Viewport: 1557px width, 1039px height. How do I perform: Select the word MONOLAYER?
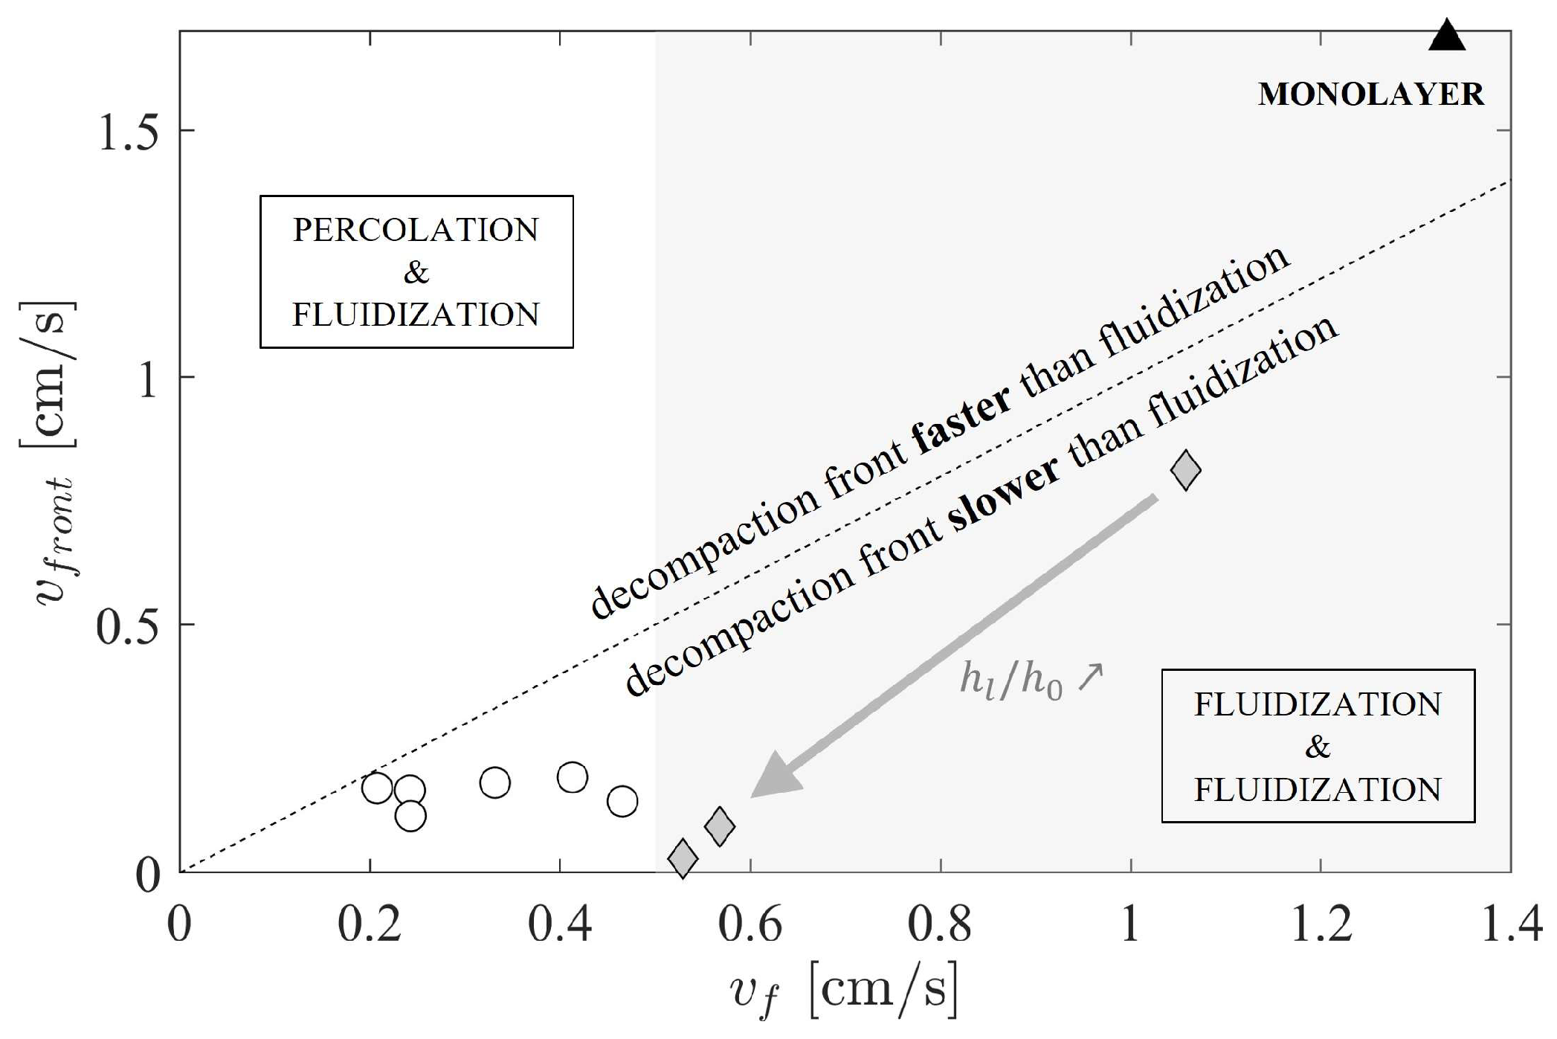[1370, 95]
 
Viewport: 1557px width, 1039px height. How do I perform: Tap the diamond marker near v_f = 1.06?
[1185, 470]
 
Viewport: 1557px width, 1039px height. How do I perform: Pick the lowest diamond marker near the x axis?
[683, 858]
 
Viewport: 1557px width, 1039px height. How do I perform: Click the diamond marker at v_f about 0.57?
[719, 826]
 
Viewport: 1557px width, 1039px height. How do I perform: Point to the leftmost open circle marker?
[377, 788]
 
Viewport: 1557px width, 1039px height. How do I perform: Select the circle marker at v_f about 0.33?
[494, 782]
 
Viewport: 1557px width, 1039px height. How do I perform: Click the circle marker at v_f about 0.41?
[572, 777]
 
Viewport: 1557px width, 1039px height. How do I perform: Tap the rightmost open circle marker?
[622, 801]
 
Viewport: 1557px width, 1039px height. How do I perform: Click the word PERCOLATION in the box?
[416, 231]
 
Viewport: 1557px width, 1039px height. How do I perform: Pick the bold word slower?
[1003, 494]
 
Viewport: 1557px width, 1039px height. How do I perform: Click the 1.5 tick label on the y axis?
[128, 133]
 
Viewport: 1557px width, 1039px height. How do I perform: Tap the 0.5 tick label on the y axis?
[128, 628]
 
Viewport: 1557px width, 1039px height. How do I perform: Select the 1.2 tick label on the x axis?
[1320, 925]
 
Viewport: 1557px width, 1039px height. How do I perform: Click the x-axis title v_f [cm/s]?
[843, 991]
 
